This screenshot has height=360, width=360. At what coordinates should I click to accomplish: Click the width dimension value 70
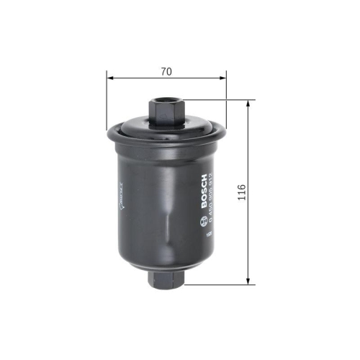tap(166, 71)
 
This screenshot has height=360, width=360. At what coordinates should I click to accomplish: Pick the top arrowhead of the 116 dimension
tap(249, 103)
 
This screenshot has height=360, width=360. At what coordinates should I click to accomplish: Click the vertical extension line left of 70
tap(107, 101)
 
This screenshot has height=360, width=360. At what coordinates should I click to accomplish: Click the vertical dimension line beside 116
tap(249, 158)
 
